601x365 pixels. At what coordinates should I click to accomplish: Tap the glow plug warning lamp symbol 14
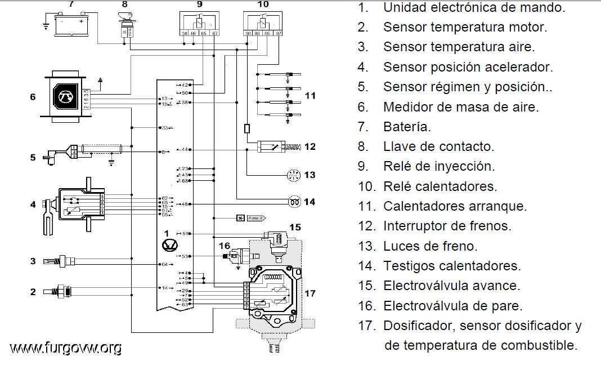pos(293,201)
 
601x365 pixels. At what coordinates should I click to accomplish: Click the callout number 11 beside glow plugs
pos(310,96)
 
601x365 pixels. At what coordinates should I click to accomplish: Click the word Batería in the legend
pos(407,127)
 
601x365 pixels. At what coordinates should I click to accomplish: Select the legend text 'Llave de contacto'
pos(438,146)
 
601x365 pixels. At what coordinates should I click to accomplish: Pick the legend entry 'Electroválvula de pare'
pos(452,306)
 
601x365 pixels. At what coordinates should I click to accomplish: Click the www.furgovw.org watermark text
pos(66,348)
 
